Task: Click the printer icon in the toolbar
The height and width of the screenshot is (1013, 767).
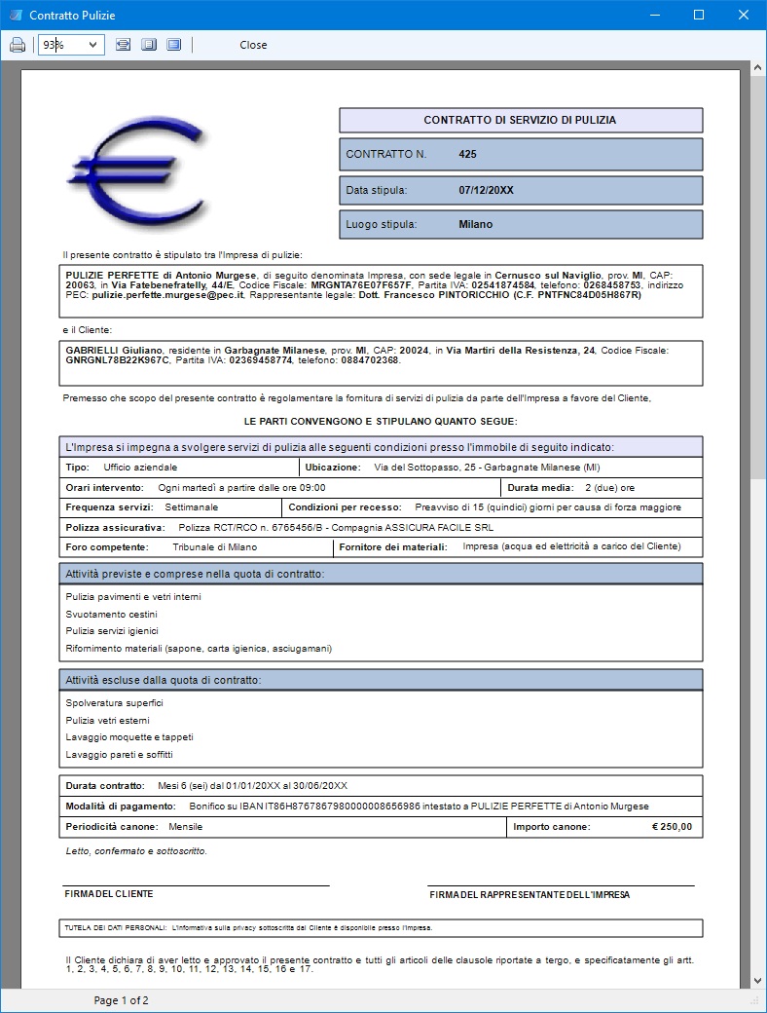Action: click(18, 45)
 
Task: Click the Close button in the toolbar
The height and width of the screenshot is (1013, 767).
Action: click(253, 45)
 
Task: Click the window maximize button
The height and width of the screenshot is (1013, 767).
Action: click(698, 16)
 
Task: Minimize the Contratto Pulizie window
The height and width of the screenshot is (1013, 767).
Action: click(653, 16)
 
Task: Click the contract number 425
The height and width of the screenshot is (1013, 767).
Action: click(467, 154)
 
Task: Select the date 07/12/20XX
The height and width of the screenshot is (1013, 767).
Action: click(486, 190)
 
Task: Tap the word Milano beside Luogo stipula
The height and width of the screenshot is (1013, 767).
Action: click(476, 224)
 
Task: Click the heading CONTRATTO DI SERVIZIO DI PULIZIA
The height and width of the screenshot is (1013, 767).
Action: click(520, 121)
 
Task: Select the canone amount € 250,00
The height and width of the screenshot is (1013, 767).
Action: click(672, 827)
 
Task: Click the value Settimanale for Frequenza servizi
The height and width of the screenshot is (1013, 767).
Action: click(191, 507)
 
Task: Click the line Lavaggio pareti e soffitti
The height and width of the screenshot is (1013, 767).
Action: click(119, 755)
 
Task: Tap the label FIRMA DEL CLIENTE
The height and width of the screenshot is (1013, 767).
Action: click(109, 894)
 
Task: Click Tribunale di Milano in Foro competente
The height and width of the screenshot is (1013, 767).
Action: click(215, 547)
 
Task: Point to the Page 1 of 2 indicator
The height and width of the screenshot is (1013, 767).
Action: click(121, 1000)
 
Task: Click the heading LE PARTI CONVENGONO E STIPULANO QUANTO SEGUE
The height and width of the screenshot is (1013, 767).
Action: click(381, 421)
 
